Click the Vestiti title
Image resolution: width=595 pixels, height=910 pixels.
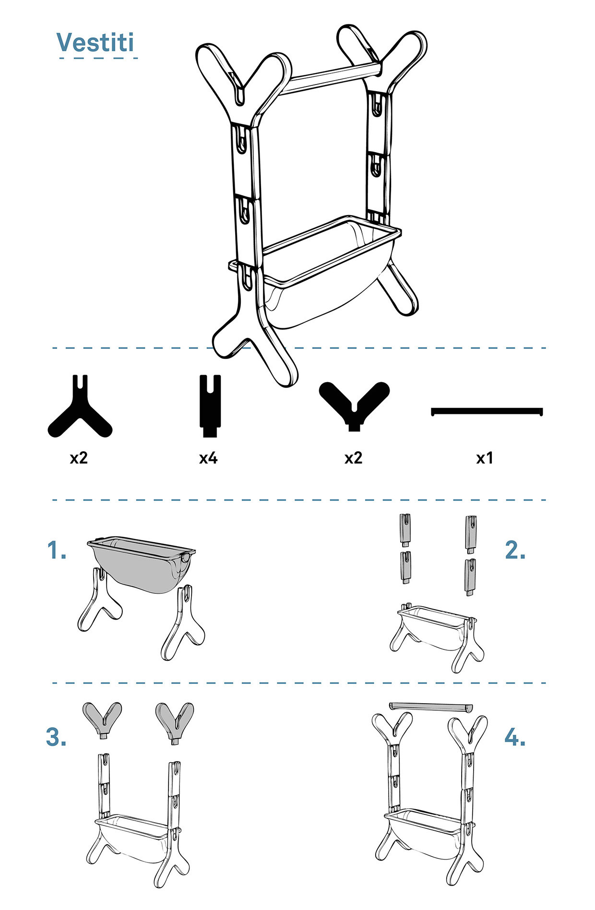pyautogui.click(x=95, y=42)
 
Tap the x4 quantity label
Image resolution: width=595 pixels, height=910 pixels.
pyautogui.click(x=208, y=458)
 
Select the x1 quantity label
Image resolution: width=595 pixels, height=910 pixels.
pyautogui.click(x=485, y=458)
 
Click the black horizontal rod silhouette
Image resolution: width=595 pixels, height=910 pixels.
pyautogui.click(x=487, y=411)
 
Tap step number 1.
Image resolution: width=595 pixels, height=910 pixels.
pyautogui.click(x=57, y=551)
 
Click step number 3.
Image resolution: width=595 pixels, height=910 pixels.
pyautogui.click(x=56, y=737)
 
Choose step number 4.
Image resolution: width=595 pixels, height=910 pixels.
pyautogui.click(x=515, y=737)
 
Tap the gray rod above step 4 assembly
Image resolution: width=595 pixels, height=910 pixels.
pyautogui.click(x=431, y=706)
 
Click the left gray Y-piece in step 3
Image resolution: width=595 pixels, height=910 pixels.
pyautogui.click(x=102, y=718)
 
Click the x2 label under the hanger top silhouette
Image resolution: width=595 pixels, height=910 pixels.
pyautogui.click(x=354, y=458)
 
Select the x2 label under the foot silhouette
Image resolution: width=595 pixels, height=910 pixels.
pyautogui.click(x=79, y=458)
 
